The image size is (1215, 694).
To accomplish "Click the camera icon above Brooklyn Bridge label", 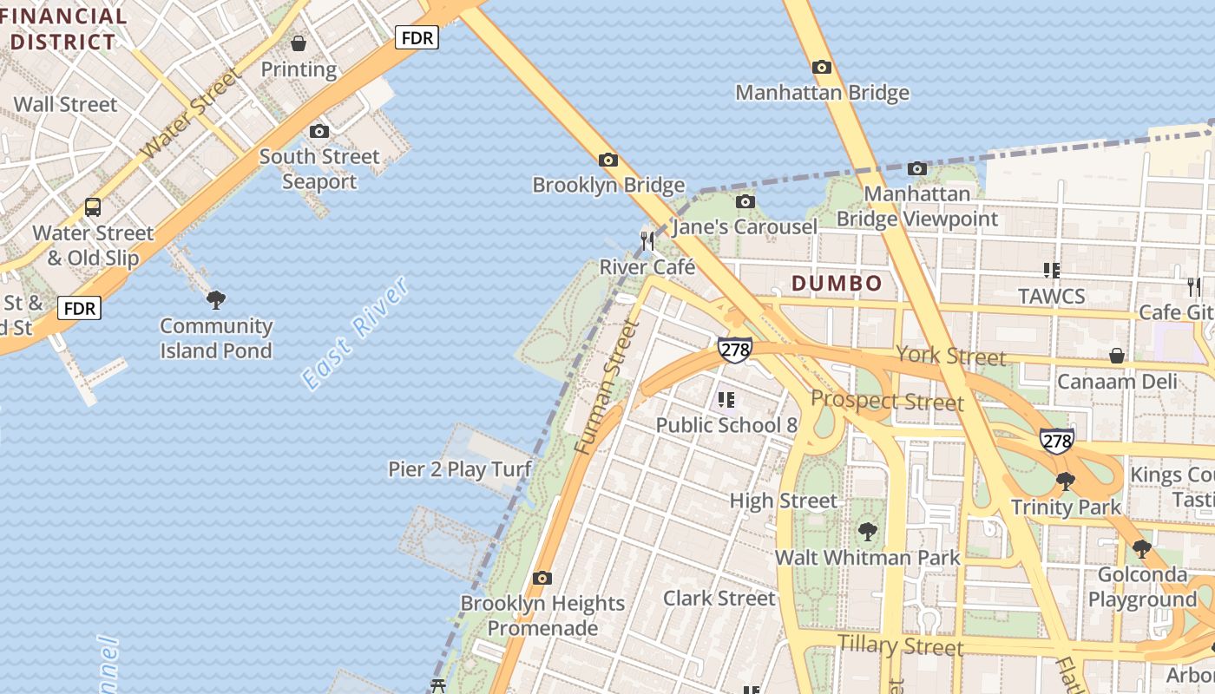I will point(608,160).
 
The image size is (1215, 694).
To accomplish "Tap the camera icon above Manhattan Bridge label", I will point(821,67).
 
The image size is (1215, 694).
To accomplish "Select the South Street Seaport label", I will point(319,169).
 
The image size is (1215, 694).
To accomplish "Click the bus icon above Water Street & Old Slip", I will point(92,207).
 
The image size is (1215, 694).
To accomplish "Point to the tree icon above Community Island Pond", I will point(216,300).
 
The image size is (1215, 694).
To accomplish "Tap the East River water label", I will point(355,333).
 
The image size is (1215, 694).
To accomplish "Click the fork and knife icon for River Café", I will point(647,240).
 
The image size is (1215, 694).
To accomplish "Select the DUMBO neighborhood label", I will point(837,283).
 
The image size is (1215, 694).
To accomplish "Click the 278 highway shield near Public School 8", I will point(734,349).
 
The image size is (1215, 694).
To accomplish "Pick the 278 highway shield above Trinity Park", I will point(1057,441).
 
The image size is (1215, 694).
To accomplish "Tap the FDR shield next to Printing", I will point(417,37).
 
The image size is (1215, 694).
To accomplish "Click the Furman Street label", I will point(607,387).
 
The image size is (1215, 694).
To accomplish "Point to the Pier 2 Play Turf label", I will point(459,469).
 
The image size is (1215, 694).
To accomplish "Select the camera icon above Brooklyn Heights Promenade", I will point(542,578).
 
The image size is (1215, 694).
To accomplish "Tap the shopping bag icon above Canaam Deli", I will point(1117,356).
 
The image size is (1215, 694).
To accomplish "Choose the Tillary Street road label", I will point(900,645).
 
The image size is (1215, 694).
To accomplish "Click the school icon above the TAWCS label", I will point(1052,270).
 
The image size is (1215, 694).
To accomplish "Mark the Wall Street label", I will point(65,105).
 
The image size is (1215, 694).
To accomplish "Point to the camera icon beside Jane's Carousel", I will point(745,202).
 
